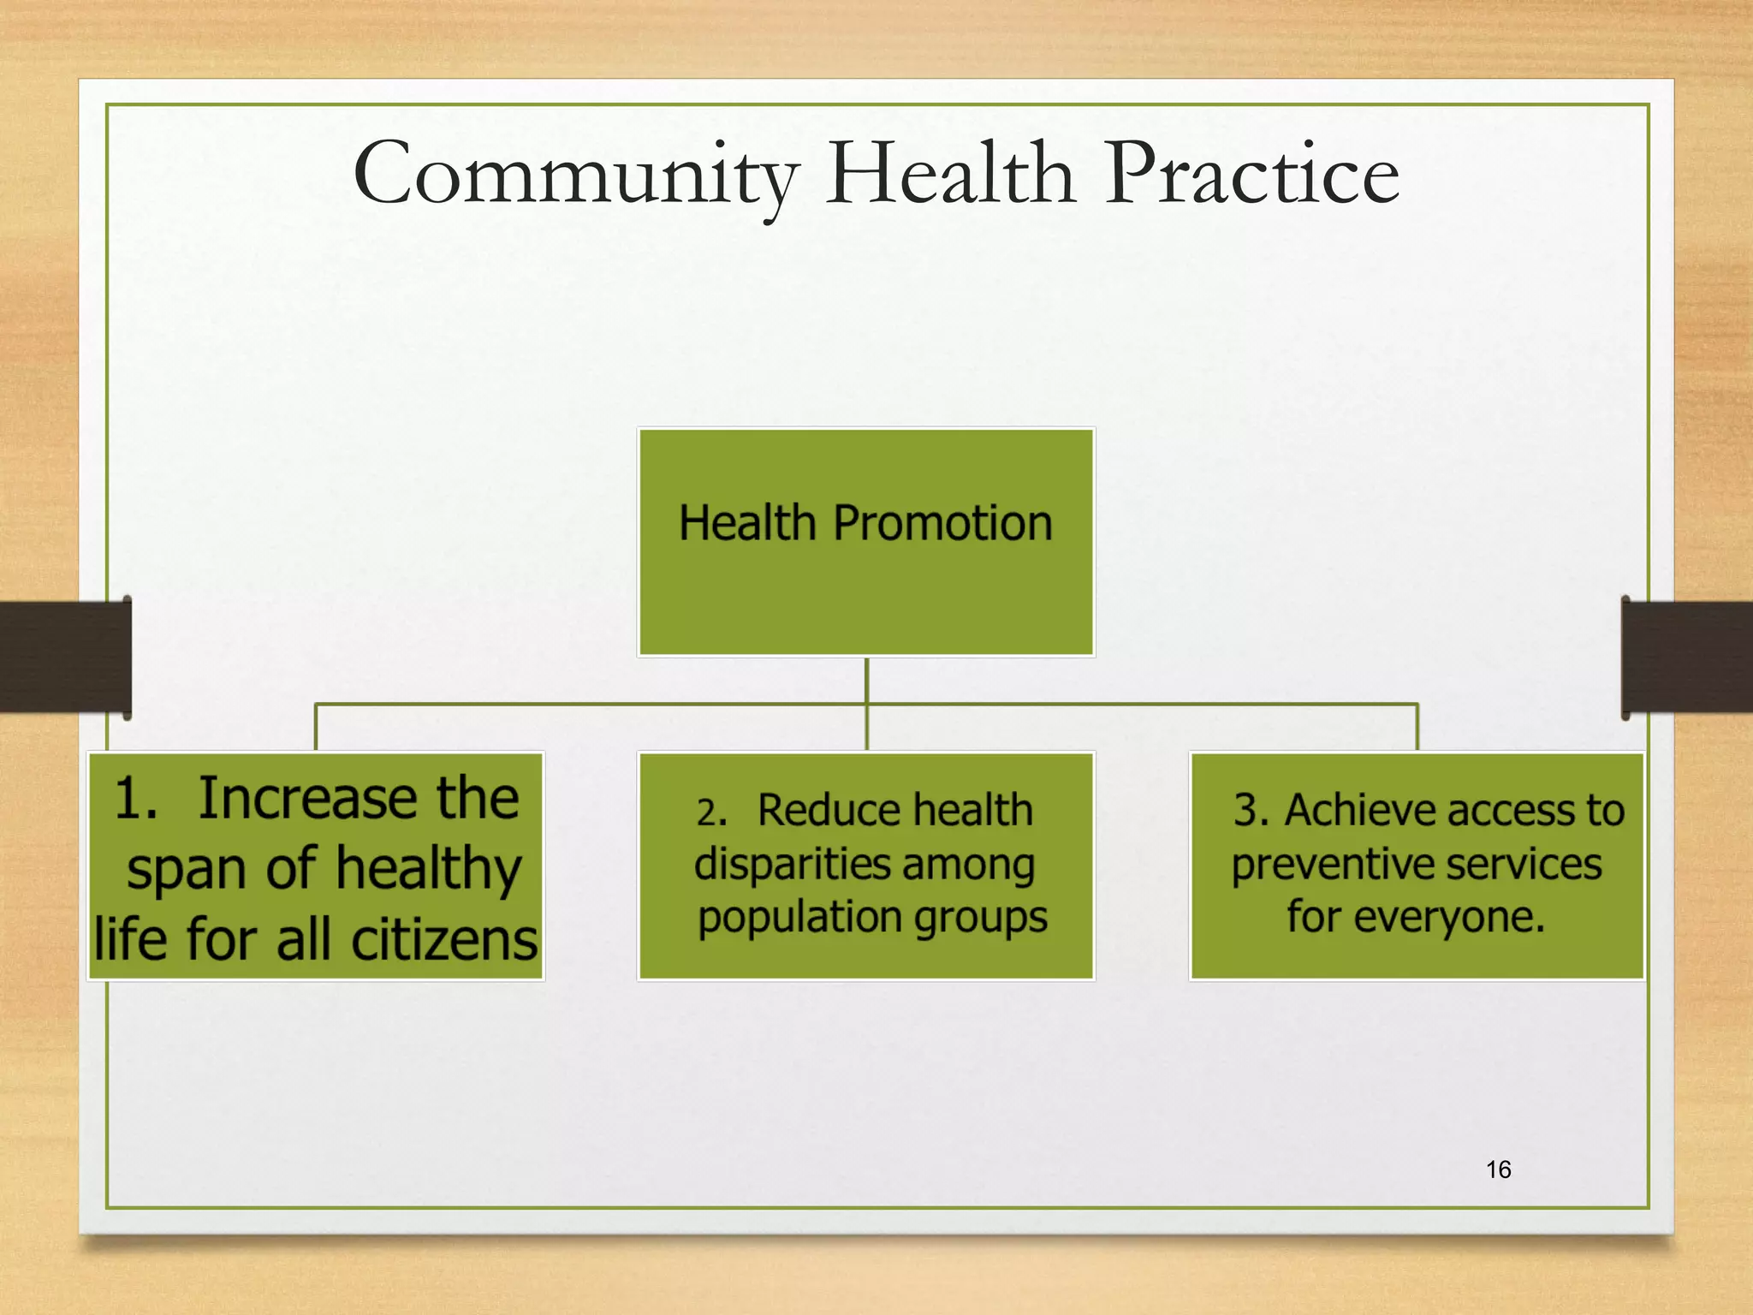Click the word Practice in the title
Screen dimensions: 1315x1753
coord(1251,174)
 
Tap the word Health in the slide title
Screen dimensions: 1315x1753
coord(950,174)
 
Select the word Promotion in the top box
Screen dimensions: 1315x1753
coord(942,523)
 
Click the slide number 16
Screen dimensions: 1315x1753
coord(1498,1169)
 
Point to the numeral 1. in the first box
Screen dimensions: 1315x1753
coord(136,798)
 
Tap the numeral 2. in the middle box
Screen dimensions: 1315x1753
coord(711,812)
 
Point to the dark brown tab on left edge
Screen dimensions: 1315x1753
coord(64,657)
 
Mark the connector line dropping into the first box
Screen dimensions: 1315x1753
coord(316,728)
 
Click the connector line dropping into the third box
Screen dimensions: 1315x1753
coord(1417,728)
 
